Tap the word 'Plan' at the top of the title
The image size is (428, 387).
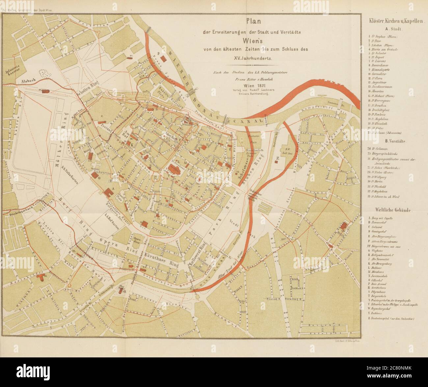tap(254, 22)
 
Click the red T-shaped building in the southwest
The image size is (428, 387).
tap(41, 277)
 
